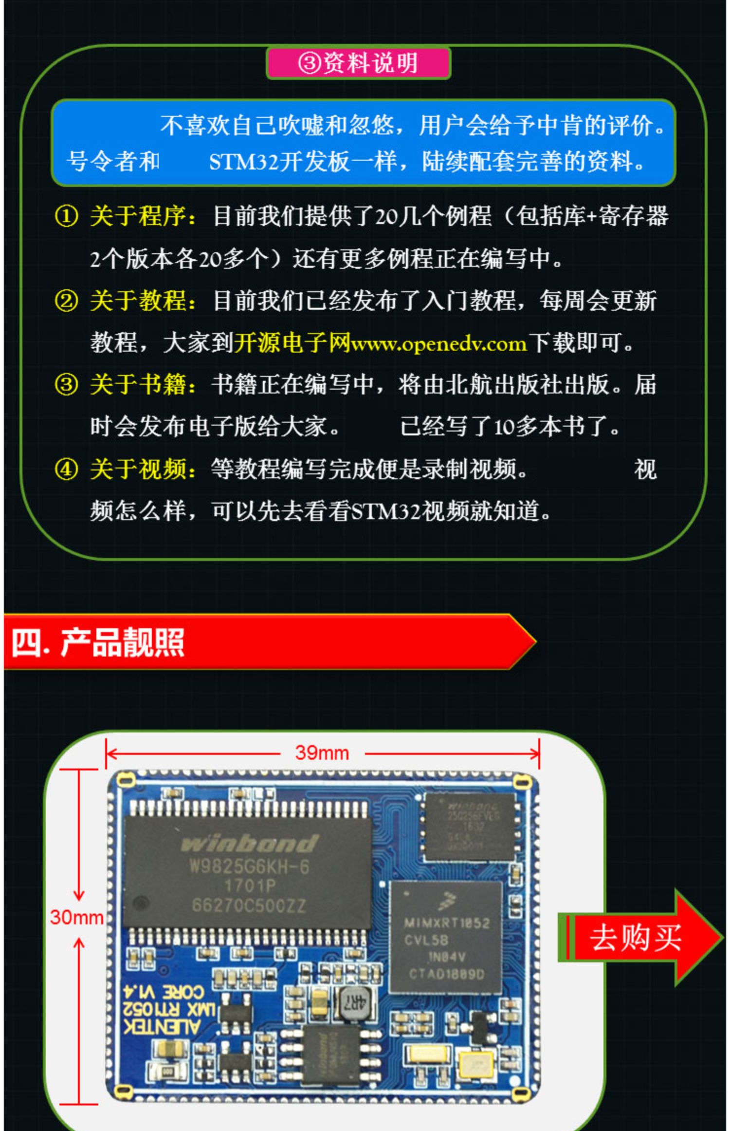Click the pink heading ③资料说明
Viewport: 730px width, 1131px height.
358,63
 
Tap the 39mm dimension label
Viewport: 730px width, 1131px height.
322,753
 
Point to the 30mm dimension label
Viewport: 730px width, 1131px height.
77,917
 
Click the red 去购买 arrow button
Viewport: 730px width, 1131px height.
638,937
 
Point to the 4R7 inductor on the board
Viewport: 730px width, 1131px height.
354,1001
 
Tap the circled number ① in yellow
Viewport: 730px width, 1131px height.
66,216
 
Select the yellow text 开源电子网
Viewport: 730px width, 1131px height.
292,343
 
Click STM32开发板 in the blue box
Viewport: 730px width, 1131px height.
280,162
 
